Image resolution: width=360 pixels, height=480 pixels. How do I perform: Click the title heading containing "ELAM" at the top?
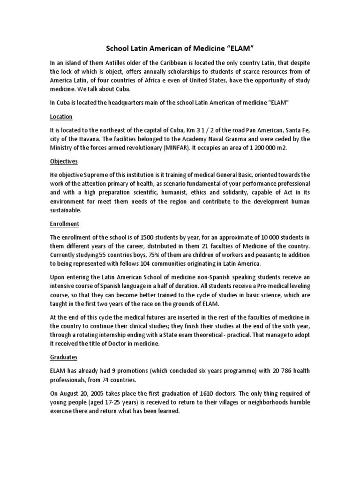coord(180,48)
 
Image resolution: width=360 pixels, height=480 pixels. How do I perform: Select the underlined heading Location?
coord(61,117)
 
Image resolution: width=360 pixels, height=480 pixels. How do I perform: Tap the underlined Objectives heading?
coord(63,161)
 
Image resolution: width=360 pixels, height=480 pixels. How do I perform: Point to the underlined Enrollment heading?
coord(64,224)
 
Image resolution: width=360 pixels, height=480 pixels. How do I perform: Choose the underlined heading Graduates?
coord(63,357)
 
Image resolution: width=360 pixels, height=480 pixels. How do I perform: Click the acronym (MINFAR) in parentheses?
coord(172,148)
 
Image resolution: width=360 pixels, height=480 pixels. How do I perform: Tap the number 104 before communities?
coord(165,264)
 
